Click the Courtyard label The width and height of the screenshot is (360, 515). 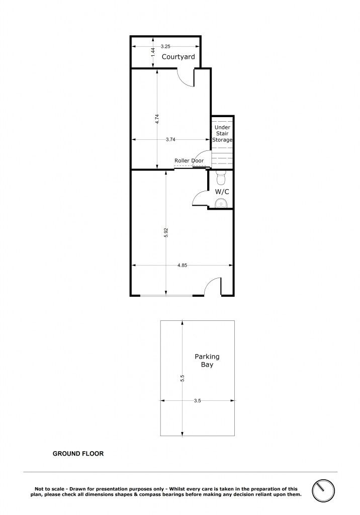click(178, 57)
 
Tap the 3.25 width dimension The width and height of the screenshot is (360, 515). click(165, 47)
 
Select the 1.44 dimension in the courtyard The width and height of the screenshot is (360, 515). click(153, 53)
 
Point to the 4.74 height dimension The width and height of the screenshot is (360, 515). click(157, 119)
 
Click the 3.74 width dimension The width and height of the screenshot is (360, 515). click(170, 140)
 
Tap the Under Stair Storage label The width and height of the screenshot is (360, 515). click(222, 133)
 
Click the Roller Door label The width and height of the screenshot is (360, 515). click(189, 160)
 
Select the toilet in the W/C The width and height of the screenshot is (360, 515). click(221, 178)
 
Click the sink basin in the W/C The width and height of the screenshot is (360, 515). click(221, 203)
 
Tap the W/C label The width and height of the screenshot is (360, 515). click(222, 192)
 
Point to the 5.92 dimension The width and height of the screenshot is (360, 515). click(166, 232)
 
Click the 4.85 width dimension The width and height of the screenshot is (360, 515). click(182, 266)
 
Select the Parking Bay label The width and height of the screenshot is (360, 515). click(207, 360)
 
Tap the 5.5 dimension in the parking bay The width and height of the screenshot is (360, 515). click(183, 378)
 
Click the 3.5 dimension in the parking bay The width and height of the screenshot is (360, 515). click(197, 401)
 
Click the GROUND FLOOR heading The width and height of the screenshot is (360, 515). click(78, 454)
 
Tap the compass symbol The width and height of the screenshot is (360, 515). click(323, 491)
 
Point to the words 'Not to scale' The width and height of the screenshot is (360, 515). click(50, 489)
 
